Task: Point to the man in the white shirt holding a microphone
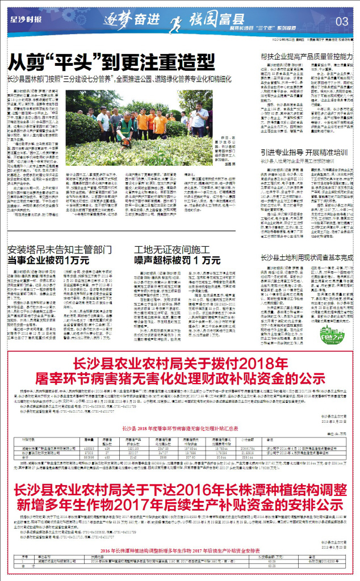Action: (199, 116)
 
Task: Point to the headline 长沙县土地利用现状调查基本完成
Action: (307, 258)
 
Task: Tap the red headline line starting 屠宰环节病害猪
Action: (179, 378)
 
